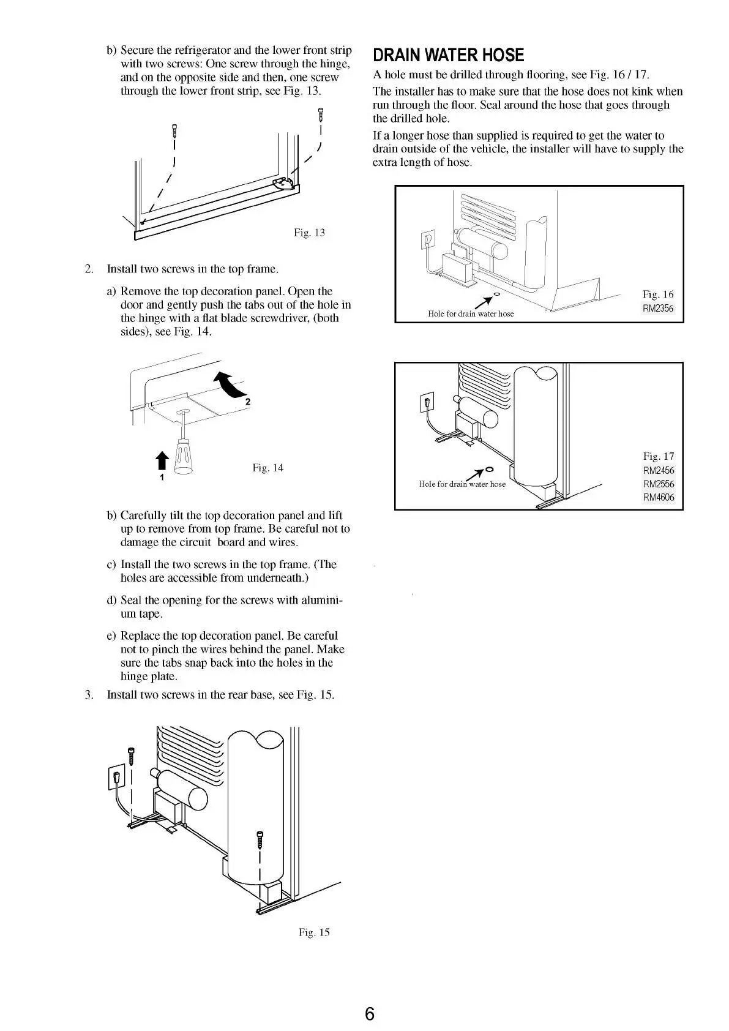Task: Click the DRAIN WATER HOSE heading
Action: coord(448,56)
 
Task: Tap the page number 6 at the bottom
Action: coord(369,1014)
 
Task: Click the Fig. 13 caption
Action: coord(309,233)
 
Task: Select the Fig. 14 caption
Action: coord(267,468)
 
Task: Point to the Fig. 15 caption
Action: coord(313,932)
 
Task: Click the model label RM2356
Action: coord(658,309)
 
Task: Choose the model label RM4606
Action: coord(659,497)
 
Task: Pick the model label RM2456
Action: coord(659,470)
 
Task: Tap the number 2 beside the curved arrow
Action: coord(248,402)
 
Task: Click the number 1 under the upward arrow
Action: coord(162,477)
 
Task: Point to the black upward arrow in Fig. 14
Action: coord(162,460)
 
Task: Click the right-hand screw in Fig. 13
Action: coord(320,114)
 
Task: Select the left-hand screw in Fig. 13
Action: coord(174,130)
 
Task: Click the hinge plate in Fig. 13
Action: coord(283,183)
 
